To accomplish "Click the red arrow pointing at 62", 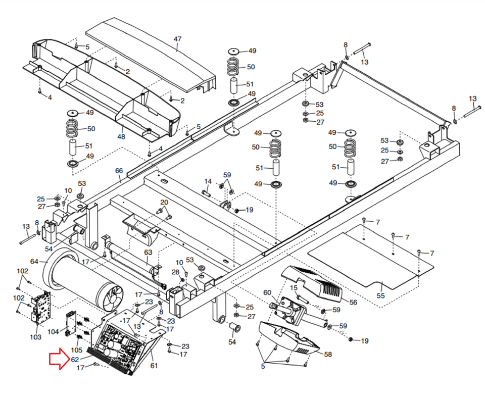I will pyautogui.click(x=59, y=360).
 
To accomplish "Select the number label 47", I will pyautogui.click(x=177, y=39).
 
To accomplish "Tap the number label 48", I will pyautogui.click(x=121, y=136).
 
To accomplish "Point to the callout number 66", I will pyautogui.click(x=119, y=171).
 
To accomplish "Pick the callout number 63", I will pyautogui.click(x=148, y=252).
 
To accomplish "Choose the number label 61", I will pyautogui.click(x=154, y=365).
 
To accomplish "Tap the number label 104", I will pyautogui.click(x=53, y=332).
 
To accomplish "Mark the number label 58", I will pyautogui.click(x=328, y=355).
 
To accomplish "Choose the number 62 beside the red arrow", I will pyautogui.click(x=75, y=360).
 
